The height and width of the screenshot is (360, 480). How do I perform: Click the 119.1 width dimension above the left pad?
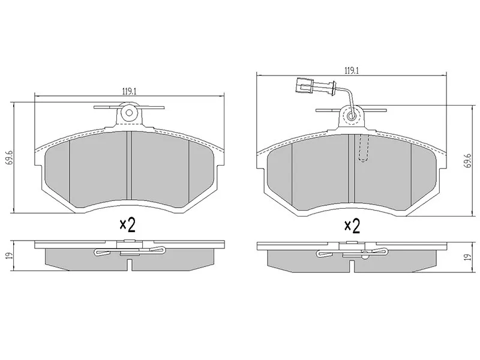(129, 91)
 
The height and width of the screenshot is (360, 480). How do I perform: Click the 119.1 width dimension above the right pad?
(352, 71)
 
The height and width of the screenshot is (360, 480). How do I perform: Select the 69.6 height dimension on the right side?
(467, 160)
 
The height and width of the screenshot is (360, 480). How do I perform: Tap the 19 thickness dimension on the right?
(467, 257)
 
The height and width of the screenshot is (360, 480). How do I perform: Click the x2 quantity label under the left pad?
(127, 226)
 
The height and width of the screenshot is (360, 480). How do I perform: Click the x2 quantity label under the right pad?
(352, 227)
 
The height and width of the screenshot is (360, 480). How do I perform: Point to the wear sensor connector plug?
(304, 85)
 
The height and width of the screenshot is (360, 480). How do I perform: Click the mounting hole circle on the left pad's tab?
(129, 113)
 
